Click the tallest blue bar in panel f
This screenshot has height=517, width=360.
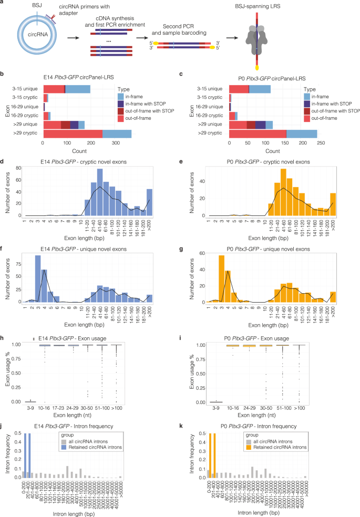[53, 278]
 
